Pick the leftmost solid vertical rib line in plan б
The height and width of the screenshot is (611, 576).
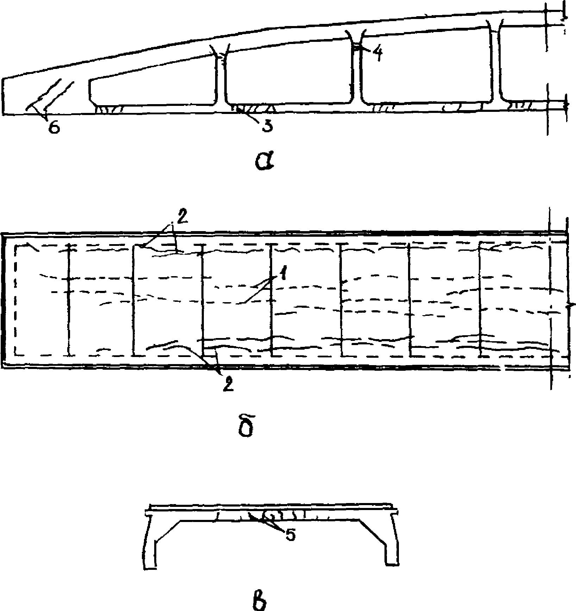tap(69, 299)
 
